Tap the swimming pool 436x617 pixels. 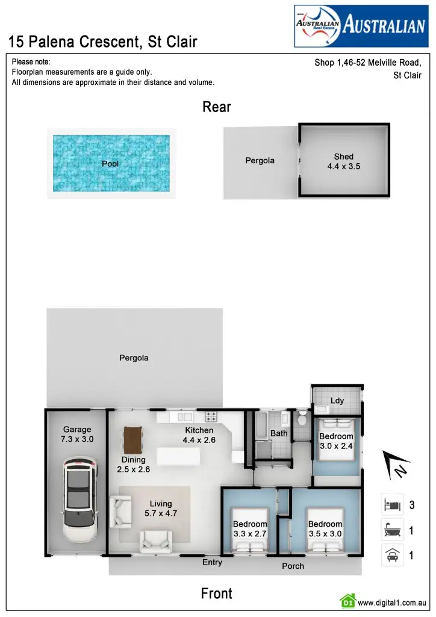(111, 163)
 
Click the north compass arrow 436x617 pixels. (395, 465)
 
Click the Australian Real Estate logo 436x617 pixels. (360, 26)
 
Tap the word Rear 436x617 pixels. (217, 107)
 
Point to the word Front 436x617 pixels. (217, 594)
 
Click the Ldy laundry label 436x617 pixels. (337, 401)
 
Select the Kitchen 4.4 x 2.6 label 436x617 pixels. (199, 435)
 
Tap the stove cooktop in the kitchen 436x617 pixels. (211, 416)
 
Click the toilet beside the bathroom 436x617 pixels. (302, 418)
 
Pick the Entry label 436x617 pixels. (212, 562)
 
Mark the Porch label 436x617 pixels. (293, 566)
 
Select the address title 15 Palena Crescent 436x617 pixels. (103, 42)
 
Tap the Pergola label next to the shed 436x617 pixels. (260, 160)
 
